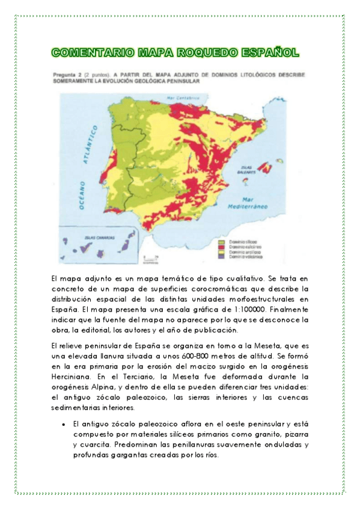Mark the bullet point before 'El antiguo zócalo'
pos(63,424)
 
